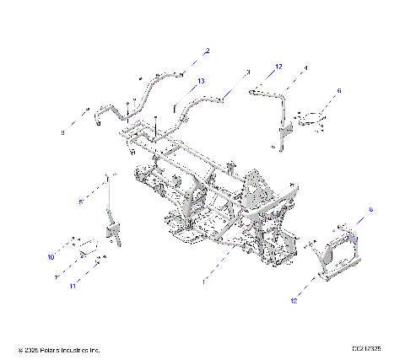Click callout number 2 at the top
208,51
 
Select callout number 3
248,73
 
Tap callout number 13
200,81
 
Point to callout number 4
305,67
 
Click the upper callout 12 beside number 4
278,66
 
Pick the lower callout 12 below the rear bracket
294,301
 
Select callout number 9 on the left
62,133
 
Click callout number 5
80,202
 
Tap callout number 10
51,256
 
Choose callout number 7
57,276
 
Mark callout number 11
73,287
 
